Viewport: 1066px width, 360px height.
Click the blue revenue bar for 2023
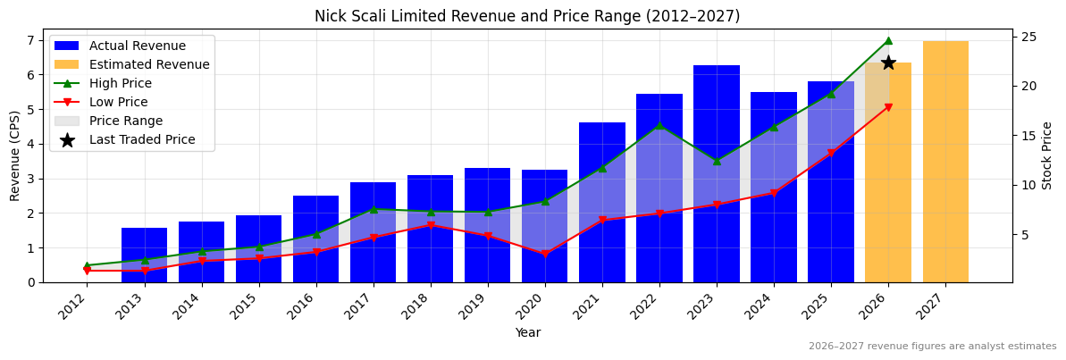716,134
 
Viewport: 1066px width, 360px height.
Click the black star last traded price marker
888,63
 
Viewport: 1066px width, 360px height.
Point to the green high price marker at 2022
659,125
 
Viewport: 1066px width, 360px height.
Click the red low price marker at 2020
545,254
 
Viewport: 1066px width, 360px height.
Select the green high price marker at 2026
888,40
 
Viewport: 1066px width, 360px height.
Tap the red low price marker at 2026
888,107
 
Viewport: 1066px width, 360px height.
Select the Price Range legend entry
125,121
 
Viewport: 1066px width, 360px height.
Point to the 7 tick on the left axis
32,40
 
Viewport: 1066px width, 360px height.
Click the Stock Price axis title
1047,155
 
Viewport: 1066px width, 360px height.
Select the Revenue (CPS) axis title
15,155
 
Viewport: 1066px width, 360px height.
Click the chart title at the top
527,16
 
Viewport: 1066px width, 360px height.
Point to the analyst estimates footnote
932,347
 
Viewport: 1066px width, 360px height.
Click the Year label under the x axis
527,333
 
